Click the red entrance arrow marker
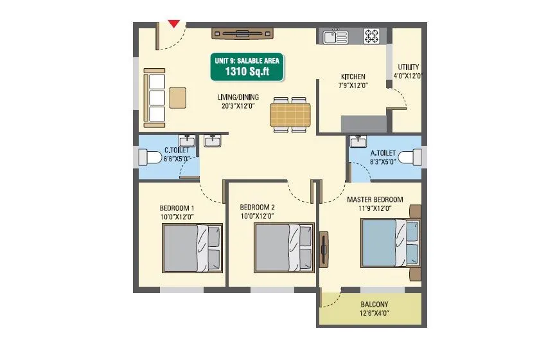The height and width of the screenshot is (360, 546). pyautogui.click(x=173, y=24)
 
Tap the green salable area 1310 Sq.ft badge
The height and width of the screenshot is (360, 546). pyautogui.click(x=248, y=67)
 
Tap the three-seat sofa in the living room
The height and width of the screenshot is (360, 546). pyautogui.click(x=155, y=98)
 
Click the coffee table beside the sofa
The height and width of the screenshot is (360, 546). pyautogui.click(x=178, y=98)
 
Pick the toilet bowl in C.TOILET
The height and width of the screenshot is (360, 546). pyautogui.click(x=150, y=157)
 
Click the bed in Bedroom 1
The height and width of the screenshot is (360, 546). pyautogui.click(x=192, y=248)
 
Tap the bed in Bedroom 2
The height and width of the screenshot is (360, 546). pyautogui.click(x=284, y=248)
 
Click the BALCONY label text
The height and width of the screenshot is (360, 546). pyautogui.click(x=373, y=305)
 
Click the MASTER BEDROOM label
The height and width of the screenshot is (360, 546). pyautogui.click(x=375, y=200)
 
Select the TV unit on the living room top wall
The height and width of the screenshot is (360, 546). pyautogui.click(x=244, y=33)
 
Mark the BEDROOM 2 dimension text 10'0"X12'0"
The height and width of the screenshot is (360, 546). pyautogui.click(x=257, y=216)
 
